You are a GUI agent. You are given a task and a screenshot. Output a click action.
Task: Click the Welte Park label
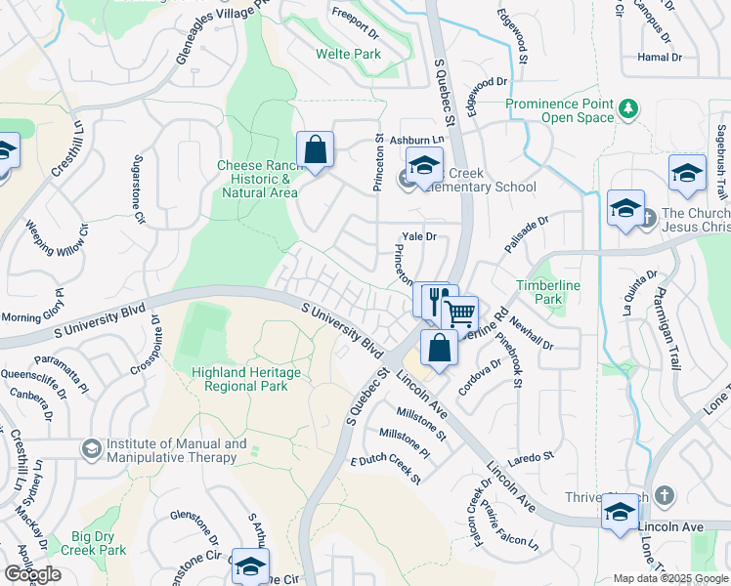pos(348,54)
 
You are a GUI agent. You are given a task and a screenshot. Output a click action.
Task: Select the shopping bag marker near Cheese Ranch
pos(315,151)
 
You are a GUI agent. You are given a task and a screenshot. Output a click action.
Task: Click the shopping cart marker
pos(458,314)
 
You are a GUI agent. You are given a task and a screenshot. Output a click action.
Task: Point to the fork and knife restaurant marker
pos(435,298)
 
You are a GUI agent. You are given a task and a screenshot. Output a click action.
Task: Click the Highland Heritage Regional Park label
pos(239,379)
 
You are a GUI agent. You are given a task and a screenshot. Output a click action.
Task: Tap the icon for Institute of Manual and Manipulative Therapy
pos(92,449)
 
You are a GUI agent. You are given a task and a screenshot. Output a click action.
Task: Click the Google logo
pos(32,574)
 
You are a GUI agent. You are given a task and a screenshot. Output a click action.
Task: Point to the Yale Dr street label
pos(418,236)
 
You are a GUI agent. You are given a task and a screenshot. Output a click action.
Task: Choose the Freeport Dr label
pos(355,14)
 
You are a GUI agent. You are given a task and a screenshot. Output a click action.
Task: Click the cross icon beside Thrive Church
pos(665,496)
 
